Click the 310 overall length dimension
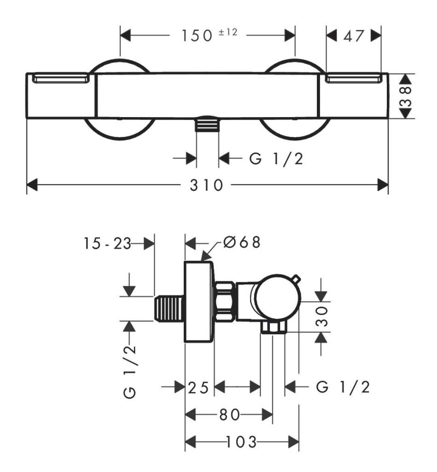pos(206,185)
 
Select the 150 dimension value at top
pos(197,35)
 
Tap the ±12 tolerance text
pos(228,32)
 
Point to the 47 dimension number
pos(354,36)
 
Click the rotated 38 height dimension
pos(406,96)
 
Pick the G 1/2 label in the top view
pos(276,159)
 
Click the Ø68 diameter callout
pos(241,242)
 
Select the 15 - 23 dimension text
pos(107,243)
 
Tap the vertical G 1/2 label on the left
pos(130,372)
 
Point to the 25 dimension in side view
pos(198,388)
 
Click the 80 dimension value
pos(229,415)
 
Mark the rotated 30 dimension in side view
pos(321,316)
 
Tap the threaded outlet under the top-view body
pos(207,124)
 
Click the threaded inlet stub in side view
pos(169,308)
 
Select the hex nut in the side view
pos(225,301)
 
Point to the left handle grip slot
pos(61,79)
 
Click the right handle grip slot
pos(354,79)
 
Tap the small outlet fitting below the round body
pos(273,327)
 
